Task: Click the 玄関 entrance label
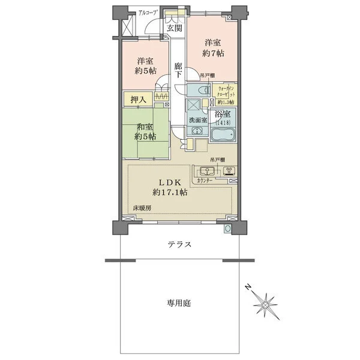point(174,28)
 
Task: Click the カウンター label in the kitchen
point(203,180)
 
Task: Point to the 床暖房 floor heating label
point(142,208)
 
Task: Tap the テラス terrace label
point(180,244)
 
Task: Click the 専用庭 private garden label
point(178,304)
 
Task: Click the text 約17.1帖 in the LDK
point(170,193)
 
